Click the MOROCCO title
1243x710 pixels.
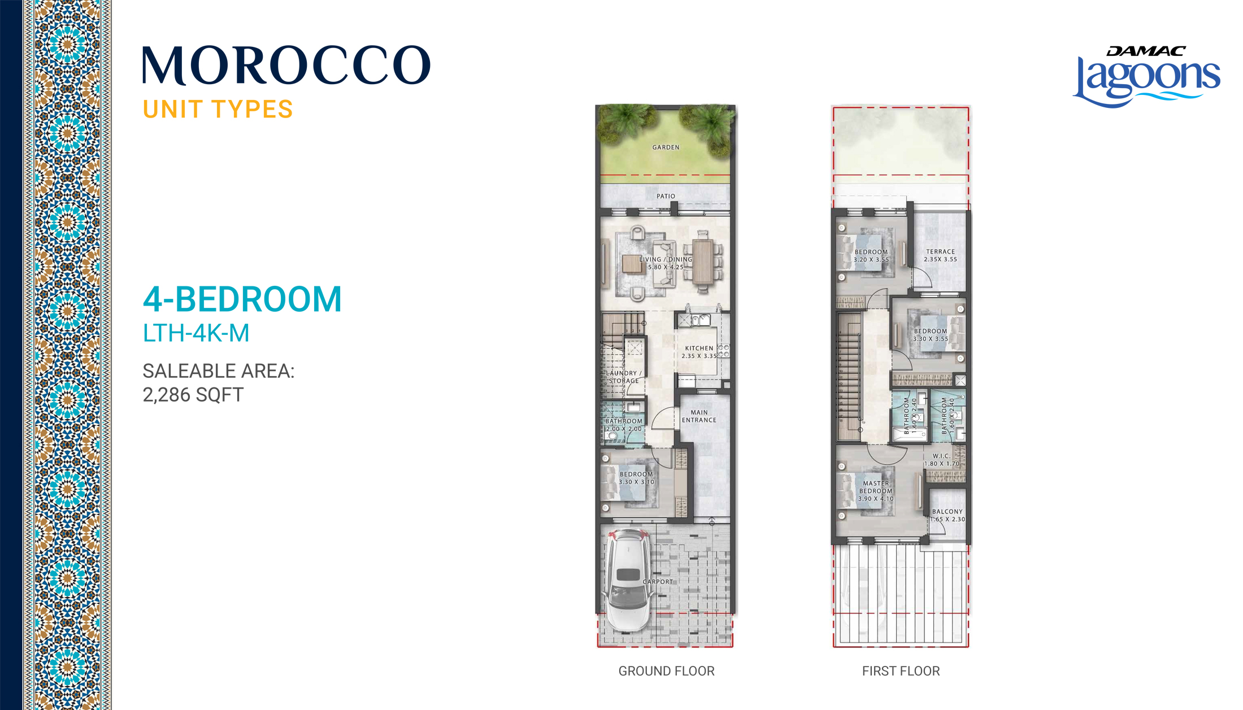(x=286, y=66)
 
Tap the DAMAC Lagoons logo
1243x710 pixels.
(x=1146, y=76)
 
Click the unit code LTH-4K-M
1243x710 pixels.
(x=195, y=333)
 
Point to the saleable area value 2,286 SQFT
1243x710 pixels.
(x=193, y=395)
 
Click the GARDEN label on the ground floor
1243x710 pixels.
(x=666, y=147)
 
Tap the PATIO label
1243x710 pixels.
(x=666, y=197)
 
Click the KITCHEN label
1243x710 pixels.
(x=699, y=349)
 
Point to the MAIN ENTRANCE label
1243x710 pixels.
(x=699, y=416)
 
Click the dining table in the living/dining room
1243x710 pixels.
(x=703, y=262)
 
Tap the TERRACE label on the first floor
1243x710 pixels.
(x=940, y=252)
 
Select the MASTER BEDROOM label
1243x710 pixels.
(x=876, y=487)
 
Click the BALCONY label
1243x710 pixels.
(x=947, y=512)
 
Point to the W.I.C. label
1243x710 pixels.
(x=941, y=456)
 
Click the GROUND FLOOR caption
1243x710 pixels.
(x=666, y=671)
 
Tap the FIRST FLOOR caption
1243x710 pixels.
(x=901, y=671)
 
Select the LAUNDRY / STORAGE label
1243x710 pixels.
(x=624, y=377)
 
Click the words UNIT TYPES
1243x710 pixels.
(x=218, y=110)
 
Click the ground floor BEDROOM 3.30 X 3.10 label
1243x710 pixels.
(x=636, y=478)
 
